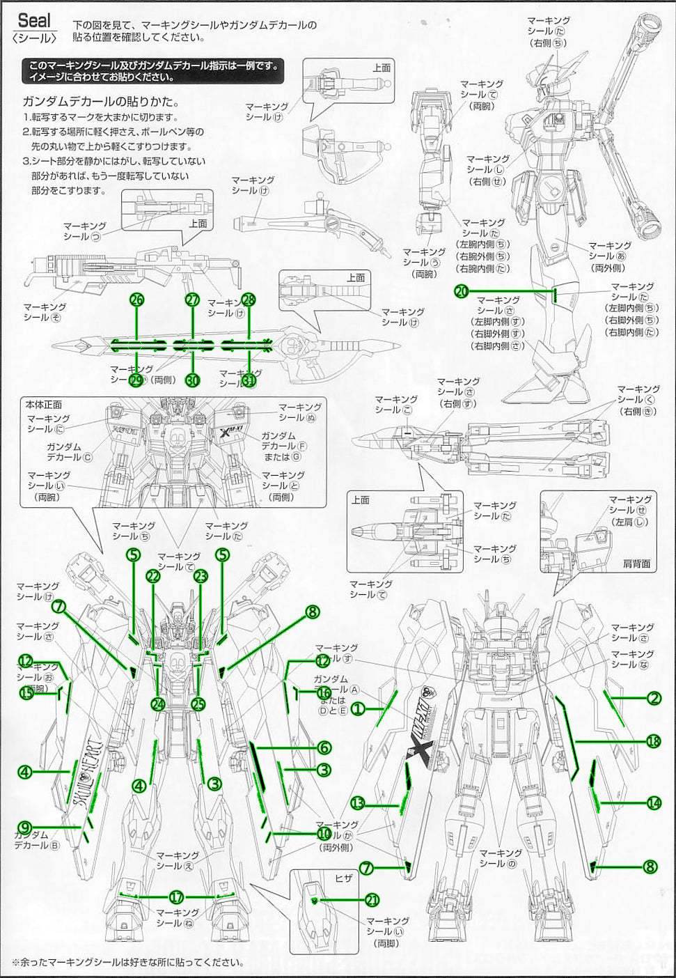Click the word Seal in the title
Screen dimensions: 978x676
35,20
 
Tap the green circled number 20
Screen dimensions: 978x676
461,292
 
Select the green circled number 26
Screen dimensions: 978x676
137,300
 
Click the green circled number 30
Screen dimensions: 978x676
193,380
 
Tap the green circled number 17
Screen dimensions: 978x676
176,896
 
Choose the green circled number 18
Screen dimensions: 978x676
652,741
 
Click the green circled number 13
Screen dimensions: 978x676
357,803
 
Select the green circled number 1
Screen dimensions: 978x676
357,709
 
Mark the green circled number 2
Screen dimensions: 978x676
653,698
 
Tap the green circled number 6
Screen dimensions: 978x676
324,748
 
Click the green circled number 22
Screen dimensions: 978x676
153,576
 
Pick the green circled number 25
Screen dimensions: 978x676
199,704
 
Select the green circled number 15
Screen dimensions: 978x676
27,693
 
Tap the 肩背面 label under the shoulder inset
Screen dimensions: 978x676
636,564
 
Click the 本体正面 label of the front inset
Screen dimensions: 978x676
44,404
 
